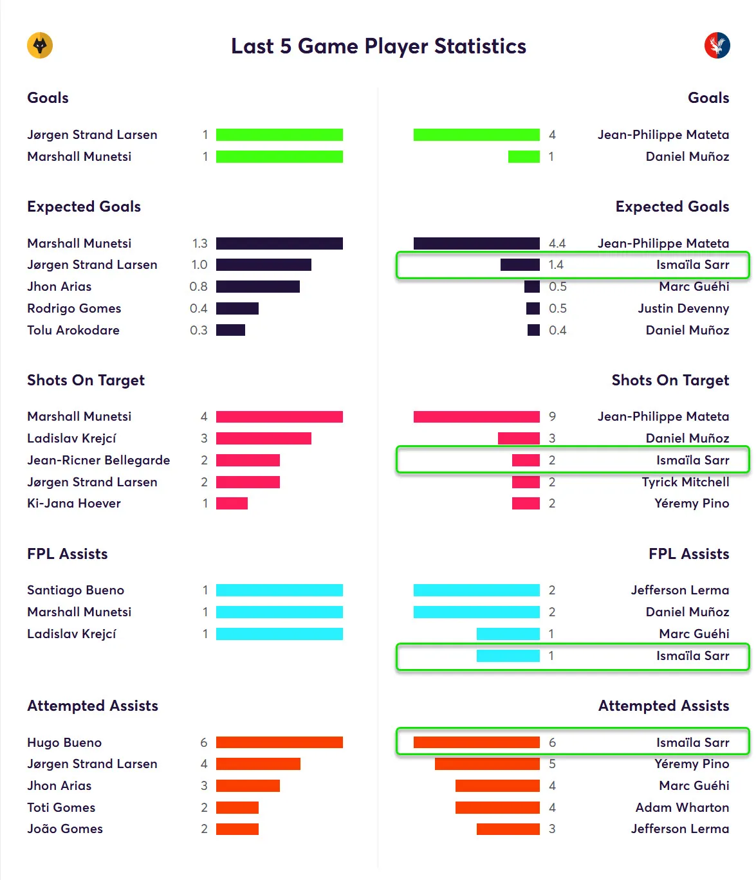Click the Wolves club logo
[x=40, y=46]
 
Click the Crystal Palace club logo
[x=717, y=46]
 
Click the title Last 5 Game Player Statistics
[x=378, y=46]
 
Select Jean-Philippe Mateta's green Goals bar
[x=476, y=134]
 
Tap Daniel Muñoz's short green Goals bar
[x=524, y=156]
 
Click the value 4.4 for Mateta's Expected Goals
[x=557, y=243]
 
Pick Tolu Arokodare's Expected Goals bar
[x=230, y=330]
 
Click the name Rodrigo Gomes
[x=74, y=308]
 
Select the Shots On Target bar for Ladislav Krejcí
[x=263, y=438]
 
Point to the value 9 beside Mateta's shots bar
[x=552, y=416]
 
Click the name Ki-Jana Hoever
[x=74, y=503]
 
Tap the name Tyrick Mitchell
[x=685, y=482]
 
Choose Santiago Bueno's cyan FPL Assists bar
[x=279, y=590]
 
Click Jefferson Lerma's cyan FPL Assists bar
[x=476, y=590]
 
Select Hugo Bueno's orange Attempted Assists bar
[x=279, y=742]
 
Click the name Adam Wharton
[x=682, y=807]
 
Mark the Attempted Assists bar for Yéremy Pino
[x=487, y=764]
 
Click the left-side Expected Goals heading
[x=84, y=206]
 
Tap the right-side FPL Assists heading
[x=688, y=554]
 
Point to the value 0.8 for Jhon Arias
[x=198, y=286]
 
